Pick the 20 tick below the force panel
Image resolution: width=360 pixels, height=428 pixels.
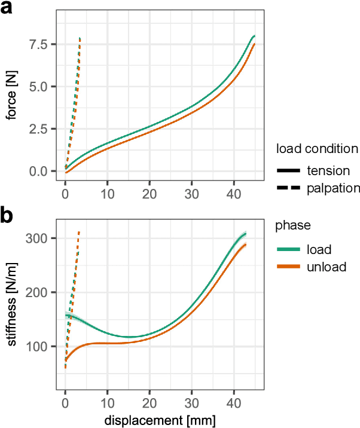pyautogui.click(x=150, y=194)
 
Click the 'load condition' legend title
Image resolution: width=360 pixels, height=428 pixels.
pyautogui.click(x=317, y=148)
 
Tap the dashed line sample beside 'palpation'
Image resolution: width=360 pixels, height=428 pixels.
pyautogui.click(x=288, y=188)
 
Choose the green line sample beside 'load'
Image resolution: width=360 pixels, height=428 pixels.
pyautogui.click(x=288, y=249)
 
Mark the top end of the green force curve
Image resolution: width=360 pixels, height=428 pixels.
pyautogui.click(x=254, y=36)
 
